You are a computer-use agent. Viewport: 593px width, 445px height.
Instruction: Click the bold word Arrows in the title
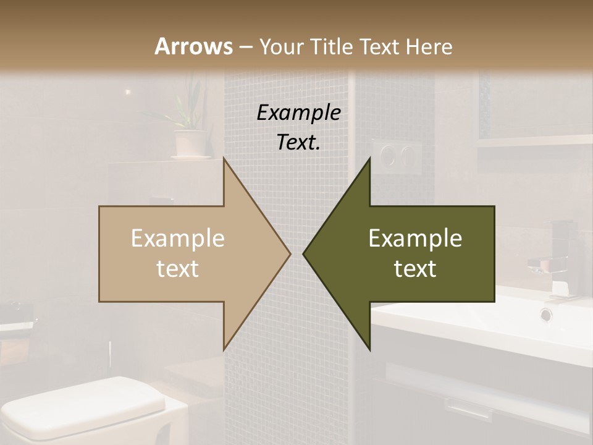click(193, 46)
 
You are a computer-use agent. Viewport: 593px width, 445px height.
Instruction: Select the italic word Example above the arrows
click(298, 112)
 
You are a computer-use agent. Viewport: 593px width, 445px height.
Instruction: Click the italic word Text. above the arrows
click(298, 143)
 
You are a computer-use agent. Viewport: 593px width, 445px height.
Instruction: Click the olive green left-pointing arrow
click(408, 253)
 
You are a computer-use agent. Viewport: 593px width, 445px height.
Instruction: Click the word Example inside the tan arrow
click(178, 239)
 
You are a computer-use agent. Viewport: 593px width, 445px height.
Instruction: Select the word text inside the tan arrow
click(178, 269)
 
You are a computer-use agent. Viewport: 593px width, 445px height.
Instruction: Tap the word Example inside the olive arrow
click(415, 239)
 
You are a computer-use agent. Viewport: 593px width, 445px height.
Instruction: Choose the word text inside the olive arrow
click(415, 269)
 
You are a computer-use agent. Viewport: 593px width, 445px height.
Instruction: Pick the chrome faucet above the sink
click(553, 260)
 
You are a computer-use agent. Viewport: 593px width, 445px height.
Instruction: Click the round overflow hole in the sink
click(546, 314)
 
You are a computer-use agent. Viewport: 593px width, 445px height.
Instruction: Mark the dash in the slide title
click(245, 47)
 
